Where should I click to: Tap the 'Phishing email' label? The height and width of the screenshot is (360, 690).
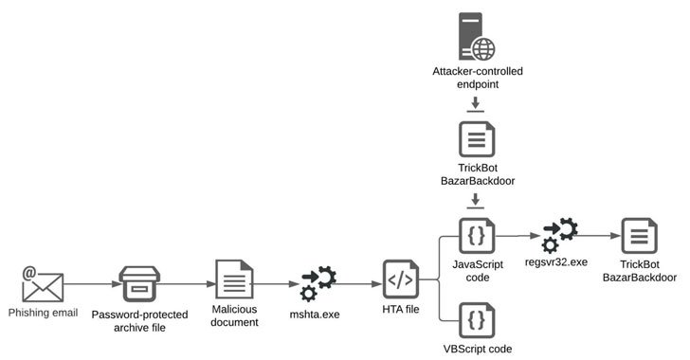coord(42,313)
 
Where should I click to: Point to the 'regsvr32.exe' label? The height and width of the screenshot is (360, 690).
coord(558,262)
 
